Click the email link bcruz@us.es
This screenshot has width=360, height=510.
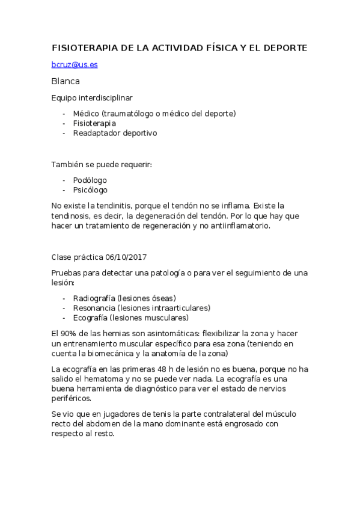pos(75,64)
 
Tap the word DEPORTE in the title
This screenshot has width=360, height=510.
pos(284,48)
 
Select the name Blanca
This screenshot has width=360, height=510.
pos(66,81)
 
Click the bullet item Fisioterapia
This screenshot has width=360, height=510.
pos(94,123)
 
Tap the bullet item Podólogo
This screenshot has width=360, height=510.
pos(90,180)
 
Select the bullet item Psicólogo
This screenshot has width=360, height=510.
pos(90,189)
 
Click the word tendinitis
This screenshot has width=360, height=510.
pos(106,206)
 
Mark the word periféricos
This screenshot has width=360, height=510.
pos(73,399)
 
